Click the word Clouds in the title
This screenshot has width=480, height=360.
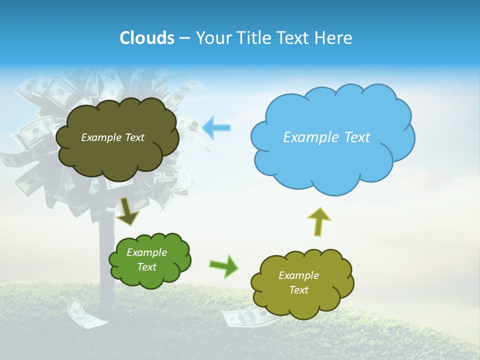click(146, 38)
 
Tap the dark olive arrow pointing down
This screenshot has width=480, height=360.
click(128, 211)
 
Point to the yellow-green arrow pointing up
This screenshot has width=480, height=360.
click(318, 221)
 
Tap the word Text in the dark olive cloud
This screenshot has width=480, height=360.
click(134, 137)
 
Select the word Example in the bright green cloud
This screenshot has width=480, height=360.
click(147, 252)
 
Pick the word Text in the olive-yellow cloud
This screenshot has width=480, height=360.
click(299, 290)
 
